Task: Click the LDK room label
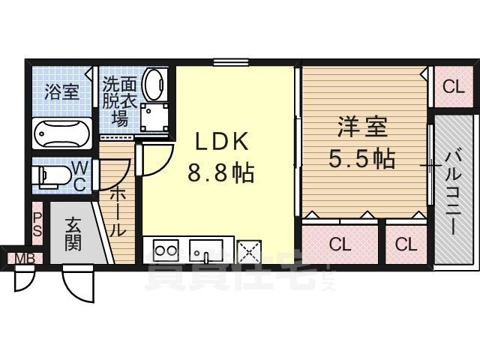click(x=222, y=142)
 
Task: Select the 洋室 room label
click(x=363, y=127)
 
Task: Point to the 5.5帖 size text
click(x=361, y=158)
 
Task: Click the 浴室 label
click(x=62, y=91)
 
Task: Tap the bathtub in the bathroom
click(x=62, y=133)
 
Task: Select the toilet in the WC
click(x=52, y=177)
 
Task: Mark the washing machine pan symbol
click(x=154, y=117)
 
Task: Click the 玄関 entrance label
click(x=73, y=234)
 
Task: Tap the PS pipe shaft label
click(x=37, y=224)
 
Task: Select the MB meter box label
click(x=25, y=259)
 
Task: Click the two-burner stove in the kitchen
click(x=166, y=250)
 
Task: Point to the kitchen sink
click(x=206, y=251)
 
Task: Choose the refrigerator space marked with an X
click(x=249, y=252)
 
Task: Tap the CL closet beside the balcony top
click(x=454, y=87)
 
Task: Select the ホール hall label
click(x=118, y=211)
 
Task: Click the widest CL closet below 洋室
click(x=340, y=244)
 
